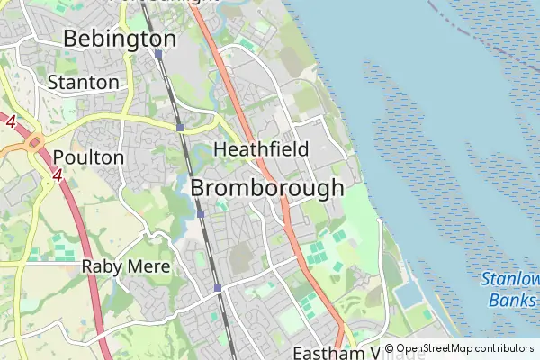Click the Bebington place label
tap(120, 39)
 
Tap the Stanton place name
tap(83, 82)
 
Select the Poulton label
tap(88, 157)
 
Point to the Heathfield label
tap(261, 148)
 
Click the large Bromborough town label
tap(267, 188)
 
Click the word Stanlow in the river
tap(509, 279)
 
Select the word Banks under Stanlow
tap(512, 300)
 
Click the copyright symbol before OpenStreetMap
tap(389, 348)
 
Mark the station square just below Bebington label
tap(157, 54)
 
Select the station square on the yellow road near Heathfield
tap(181, 128)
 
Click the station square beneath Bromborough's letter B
tap(201, 214)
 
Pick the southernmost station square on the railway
tap(218, 288)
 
